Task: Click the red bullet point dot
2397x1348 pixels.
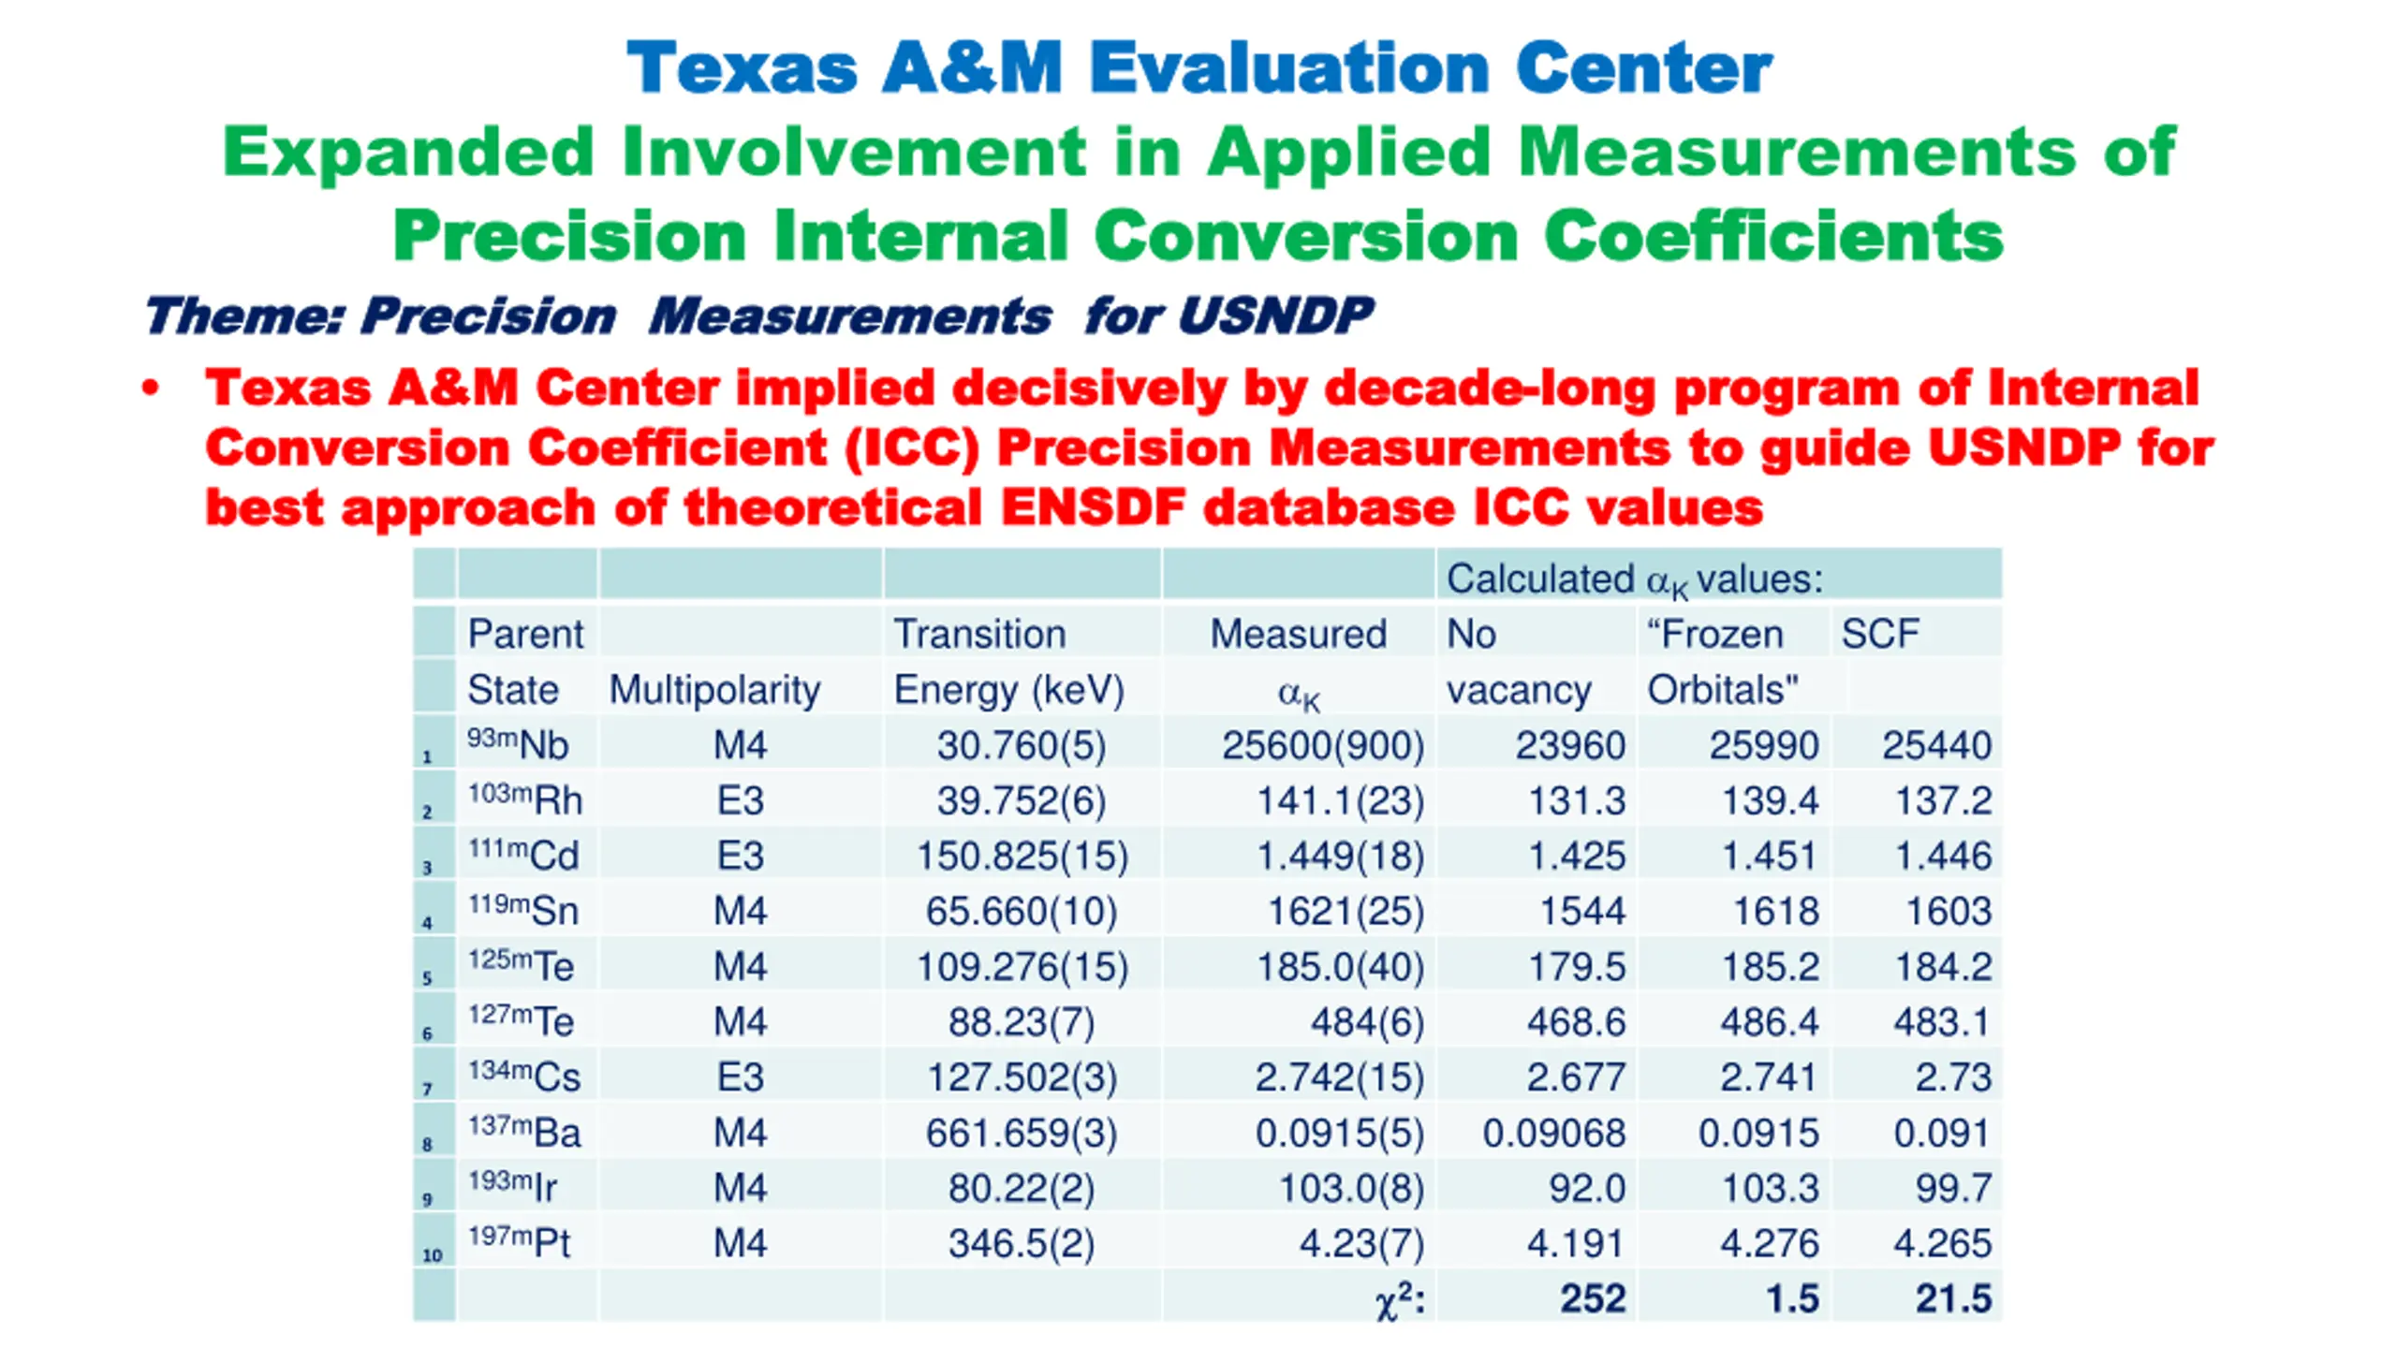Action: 150,388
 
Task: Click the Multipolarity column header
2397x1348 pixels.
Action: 714,690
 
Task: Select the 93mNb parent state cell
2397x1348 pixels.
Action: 518,745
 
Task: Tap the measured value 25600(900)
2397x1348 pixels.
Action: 1322,746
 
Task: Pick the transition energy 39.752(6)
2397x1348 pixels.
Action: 1022,801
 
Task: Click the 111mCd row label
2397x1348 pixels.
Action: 523,856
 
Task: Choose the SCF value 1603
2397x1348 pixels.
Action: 1948,912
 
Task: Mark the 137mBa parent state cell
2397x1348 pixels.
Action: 524,1133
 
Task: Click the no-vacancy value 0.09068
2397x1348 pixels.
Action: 1553,1134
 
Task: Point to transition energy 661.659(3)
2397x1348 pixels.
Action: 1022,1134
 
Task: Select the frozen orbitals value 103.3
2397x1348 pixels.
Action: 1770,1189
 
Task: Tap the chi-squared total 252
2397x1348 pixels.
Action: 1592,1299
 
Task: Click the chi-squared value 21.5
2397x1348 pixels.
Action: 1952,1299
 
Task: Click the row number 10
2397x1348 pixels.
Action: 433,1255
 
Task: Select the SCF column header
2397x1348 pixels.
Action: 1880,635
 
